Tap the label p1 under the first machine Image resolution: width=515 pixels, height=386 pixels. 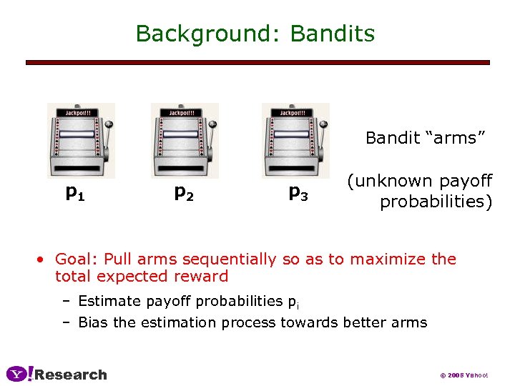pos(75,192)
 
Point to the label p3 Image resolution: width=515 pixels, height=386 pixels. pos(298,192)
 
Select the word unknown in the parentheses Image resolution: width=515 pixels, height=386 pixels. pos(393,182)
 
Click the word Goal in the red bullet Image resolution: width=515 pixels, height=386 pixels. pos(74,259)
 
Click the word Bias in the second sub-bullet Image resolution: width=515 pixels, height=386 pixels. pos(94,322)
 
